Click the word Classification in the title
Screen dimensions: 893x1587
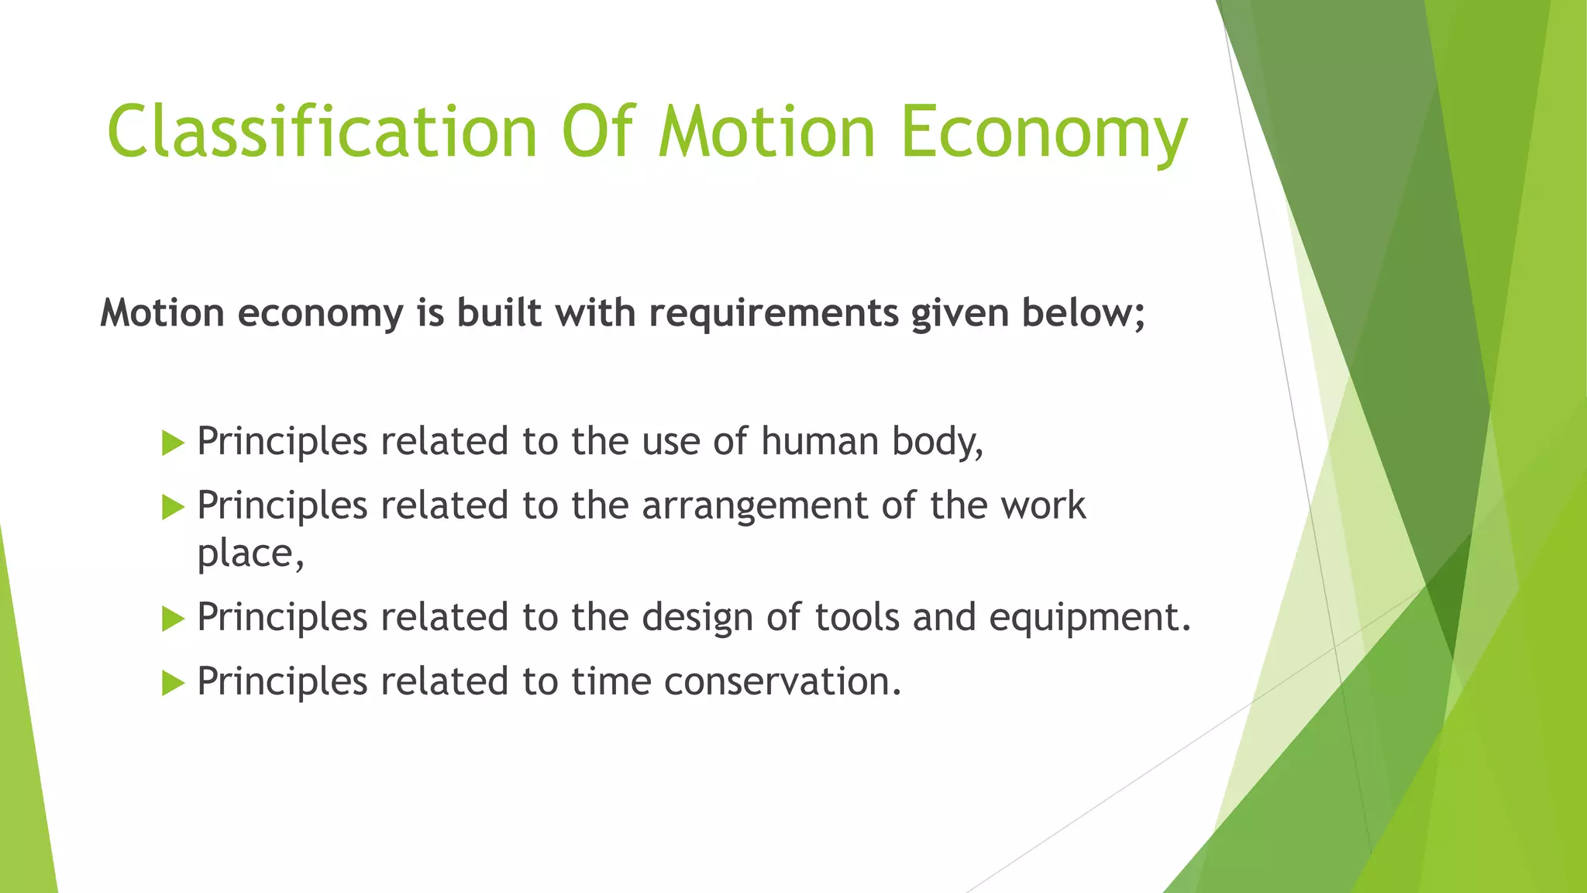pyautogui.click(x=322, y=132)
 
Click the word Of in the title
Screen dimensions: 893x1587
pyautogui.click(x=598, y=132)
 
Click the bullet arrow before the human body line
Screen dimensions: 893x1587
pyautogui.click(x=173, y=443)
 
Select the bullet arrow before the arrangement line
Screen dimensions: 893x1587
pyautogui.click(x=173, y=508)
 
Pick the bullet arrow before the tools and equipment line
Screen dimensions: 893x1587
pyautogui.click(x=173, y=619)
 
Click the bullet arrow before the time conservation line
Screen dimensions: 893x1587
pyautogui.click(x=173, y=684)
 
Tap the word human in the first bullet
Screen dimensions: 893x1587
pyautogui.click(x=819, y=441)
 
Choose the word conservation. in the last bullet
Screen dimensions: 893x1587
pyautogui.click(x=783, y=682)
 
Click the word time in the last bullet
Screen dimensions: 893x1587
pyautogui.click(x=611, y=682)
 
